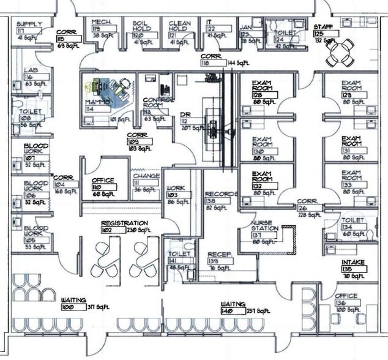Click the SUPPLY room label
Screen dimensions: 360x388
(x=29, y=24)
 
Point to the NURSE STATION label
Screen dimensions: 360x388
(x=265, y=225)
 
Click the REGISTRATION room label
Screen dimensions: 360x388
(x=124, y=223)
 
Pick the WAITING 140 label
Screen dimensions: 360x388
(x=233, y=304)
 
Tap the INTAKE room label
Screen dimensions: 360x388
(x=353, y=263)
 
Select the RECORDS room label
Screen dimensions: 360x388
(x=221, y=194)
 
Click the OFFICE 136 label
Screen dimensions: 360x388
(x=346, y=296)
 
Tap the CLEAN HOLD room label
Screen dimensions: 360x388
(x=179, y=25)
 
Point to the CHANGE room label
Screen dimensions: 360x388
(x=146, y=176)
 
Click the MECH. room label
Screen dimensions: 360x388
(x=101, y=21)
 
